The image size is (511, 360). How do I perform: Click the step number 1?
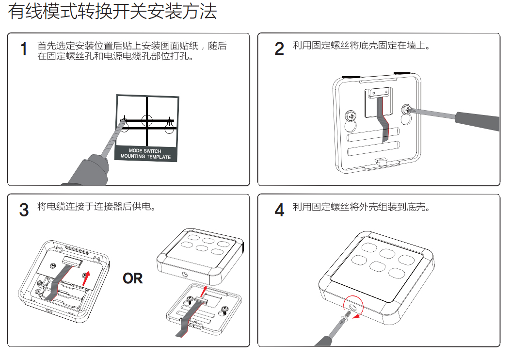[24, 49]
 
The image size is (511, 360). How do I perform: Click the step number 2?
[279, 49]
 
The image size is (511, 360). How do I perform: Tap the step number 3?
[24, 210]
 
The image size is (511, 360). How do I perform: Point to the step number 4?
[279, 210]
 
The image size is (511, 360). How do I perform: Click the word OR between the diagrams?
[133, 278]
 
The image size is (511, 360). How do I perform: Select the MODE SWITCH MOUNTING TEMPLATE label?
[145, 154]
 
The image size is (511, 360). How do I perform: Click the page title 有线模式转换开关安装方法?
[112, 12]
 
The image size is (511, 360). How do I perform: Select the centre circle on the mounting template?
[147, 119]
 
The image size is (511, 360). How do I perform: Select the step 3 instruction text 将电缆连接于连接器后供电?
[96, 207]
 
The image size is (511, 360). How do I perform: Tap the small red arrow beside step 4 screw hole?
[358, 316]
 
